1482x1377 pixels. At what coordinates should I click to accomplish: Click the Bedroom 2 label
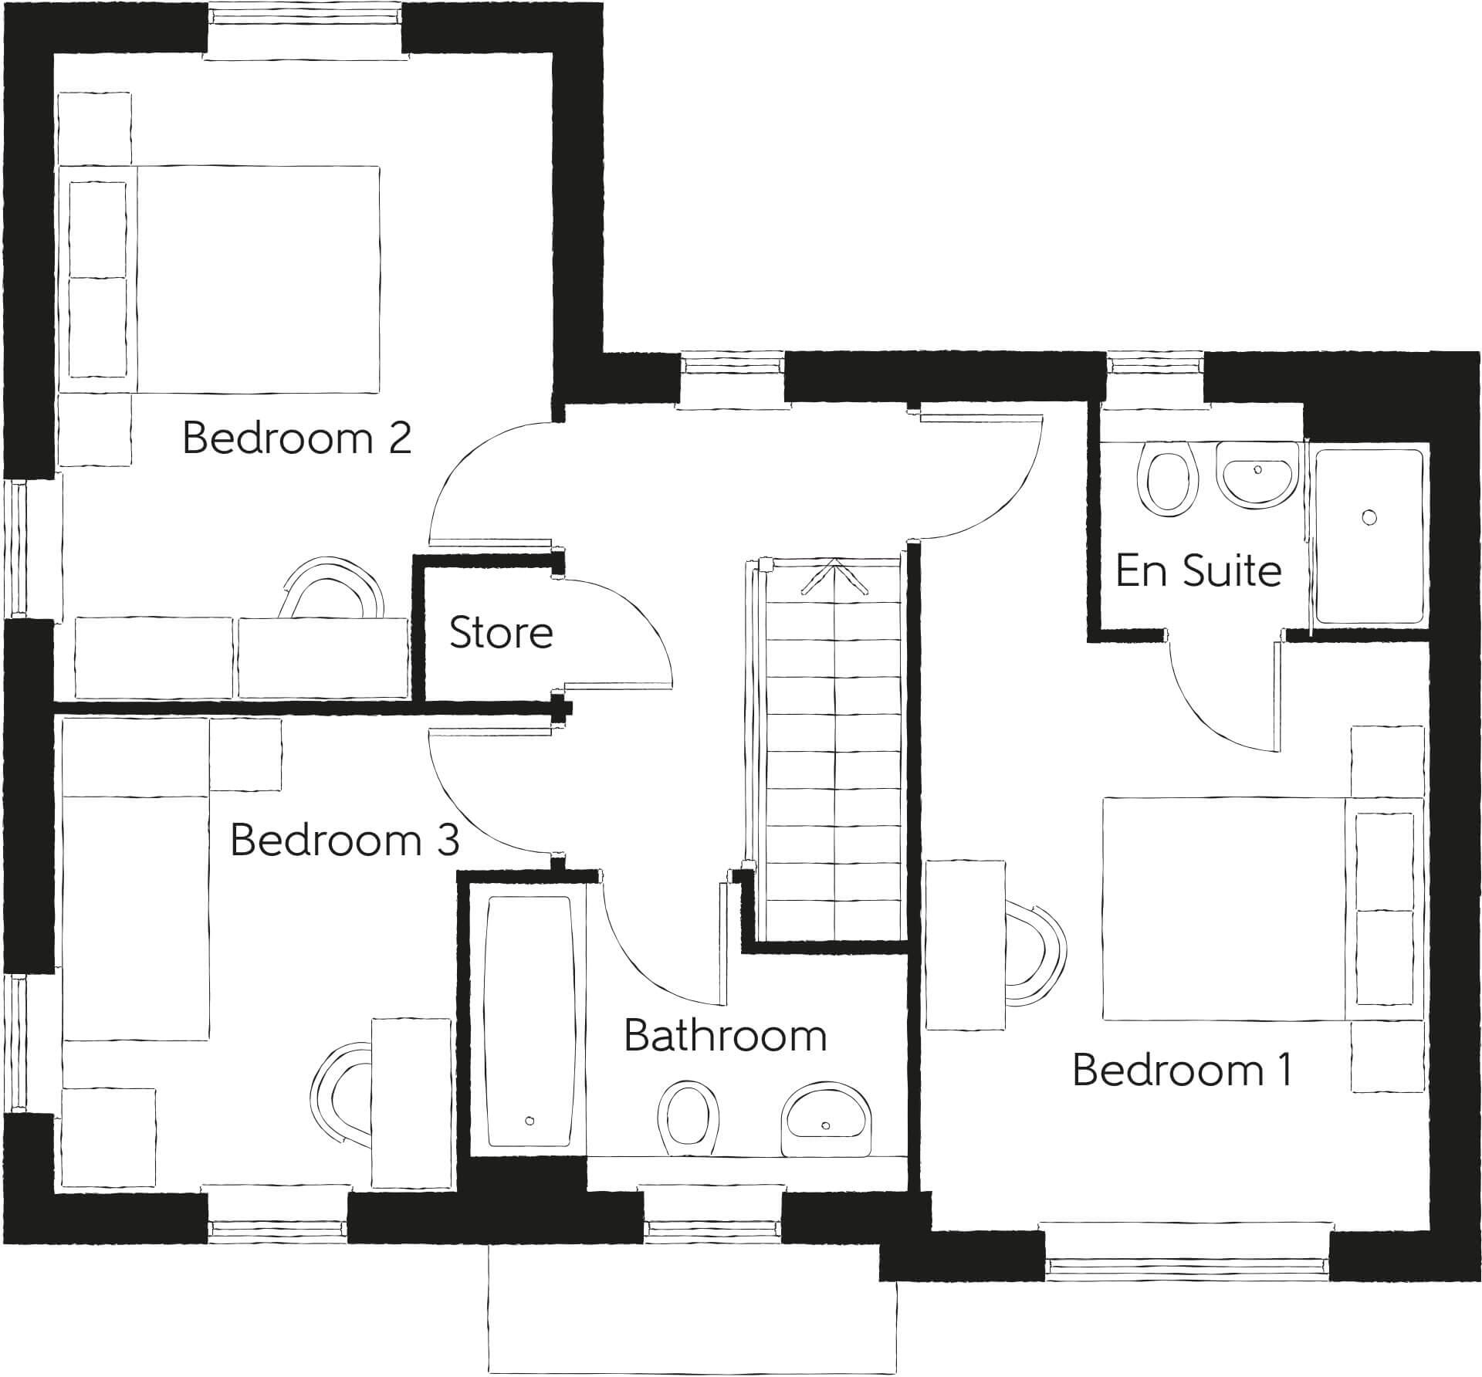[x=296, y=438]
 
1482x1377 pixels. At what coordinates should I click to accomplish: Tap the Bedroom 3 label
[x=344, y=840]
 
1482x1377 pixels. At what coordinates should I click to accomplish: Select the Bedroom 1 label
[x=1182, y=1070]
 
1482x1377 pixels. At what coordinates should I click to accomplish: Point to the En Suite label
[x=1198, y=571]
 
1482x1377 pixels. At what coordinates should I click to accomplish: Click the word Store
[x=501, y=633]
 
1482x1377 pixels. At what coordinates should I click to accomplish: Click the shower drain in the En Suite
[x=1369, y=517]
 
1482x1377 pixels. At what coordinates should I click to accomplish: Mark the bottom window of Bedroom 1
[x=1186, y=1264]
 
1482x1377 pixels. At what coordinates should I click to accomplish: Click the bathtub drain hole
[x=530, y=1121]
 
